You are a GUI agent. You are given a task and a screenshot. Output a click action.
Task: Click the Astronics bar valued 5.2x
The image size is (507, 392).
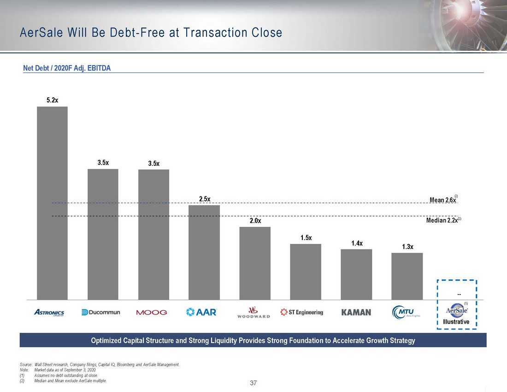(x=52, y=203)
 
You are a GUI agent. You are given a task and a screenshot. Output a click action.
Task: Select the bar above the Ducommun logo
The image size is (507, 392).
(x=103, y=234)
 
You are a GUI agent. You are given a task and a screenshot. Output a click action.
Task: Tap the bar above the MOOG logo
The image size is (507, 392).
(x=153, y=234)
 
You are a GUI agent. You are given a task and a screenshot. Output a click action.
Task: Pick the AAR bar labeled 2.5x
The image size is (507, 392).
(x=204, y=252)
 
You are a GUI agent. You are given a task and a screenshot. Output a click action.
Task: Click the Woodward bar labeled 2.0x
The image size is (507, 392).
(x=255, y=263)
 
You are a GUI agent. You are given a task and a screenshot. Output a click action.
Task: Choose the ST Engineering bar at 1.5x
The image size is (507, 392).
(x=306, y=271)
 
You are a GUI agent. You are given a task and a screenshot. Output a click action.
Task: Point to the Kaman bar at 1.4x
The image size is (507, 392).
(x=356, y=274)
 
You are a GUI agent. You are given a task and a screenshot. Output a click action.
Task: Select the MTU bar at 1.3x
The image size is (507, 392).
(x=407, y=276)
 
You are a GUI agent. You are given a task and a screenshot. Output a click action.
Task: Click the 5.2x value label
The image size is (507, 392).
(x=52, y=100)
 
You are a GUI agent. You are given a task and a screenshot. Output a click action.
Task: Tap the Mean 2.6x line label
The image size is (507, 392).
(x=442, y=200)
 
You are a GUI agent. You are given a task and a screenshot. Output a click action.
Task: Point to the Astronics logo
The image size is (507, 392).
(x=49, y=312)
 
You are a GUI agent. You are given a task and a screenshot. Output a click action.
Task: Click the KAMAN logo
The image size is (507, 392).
(x=356, y=312)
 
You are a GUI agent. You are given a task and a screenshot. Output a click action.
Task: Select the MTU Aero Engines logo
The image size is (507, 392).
(x=406, y=312)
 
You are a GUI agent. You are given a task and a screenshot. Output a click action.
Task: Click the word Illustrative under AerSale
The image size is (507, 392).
(x=456, y=321)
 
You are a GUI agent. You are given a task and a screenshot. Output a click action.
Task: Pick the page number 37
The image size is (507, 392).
(x=253, y=383)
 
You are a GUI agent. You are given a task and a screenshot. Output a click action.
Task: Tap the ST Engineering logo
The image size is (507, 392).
(x=302, y=312)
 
